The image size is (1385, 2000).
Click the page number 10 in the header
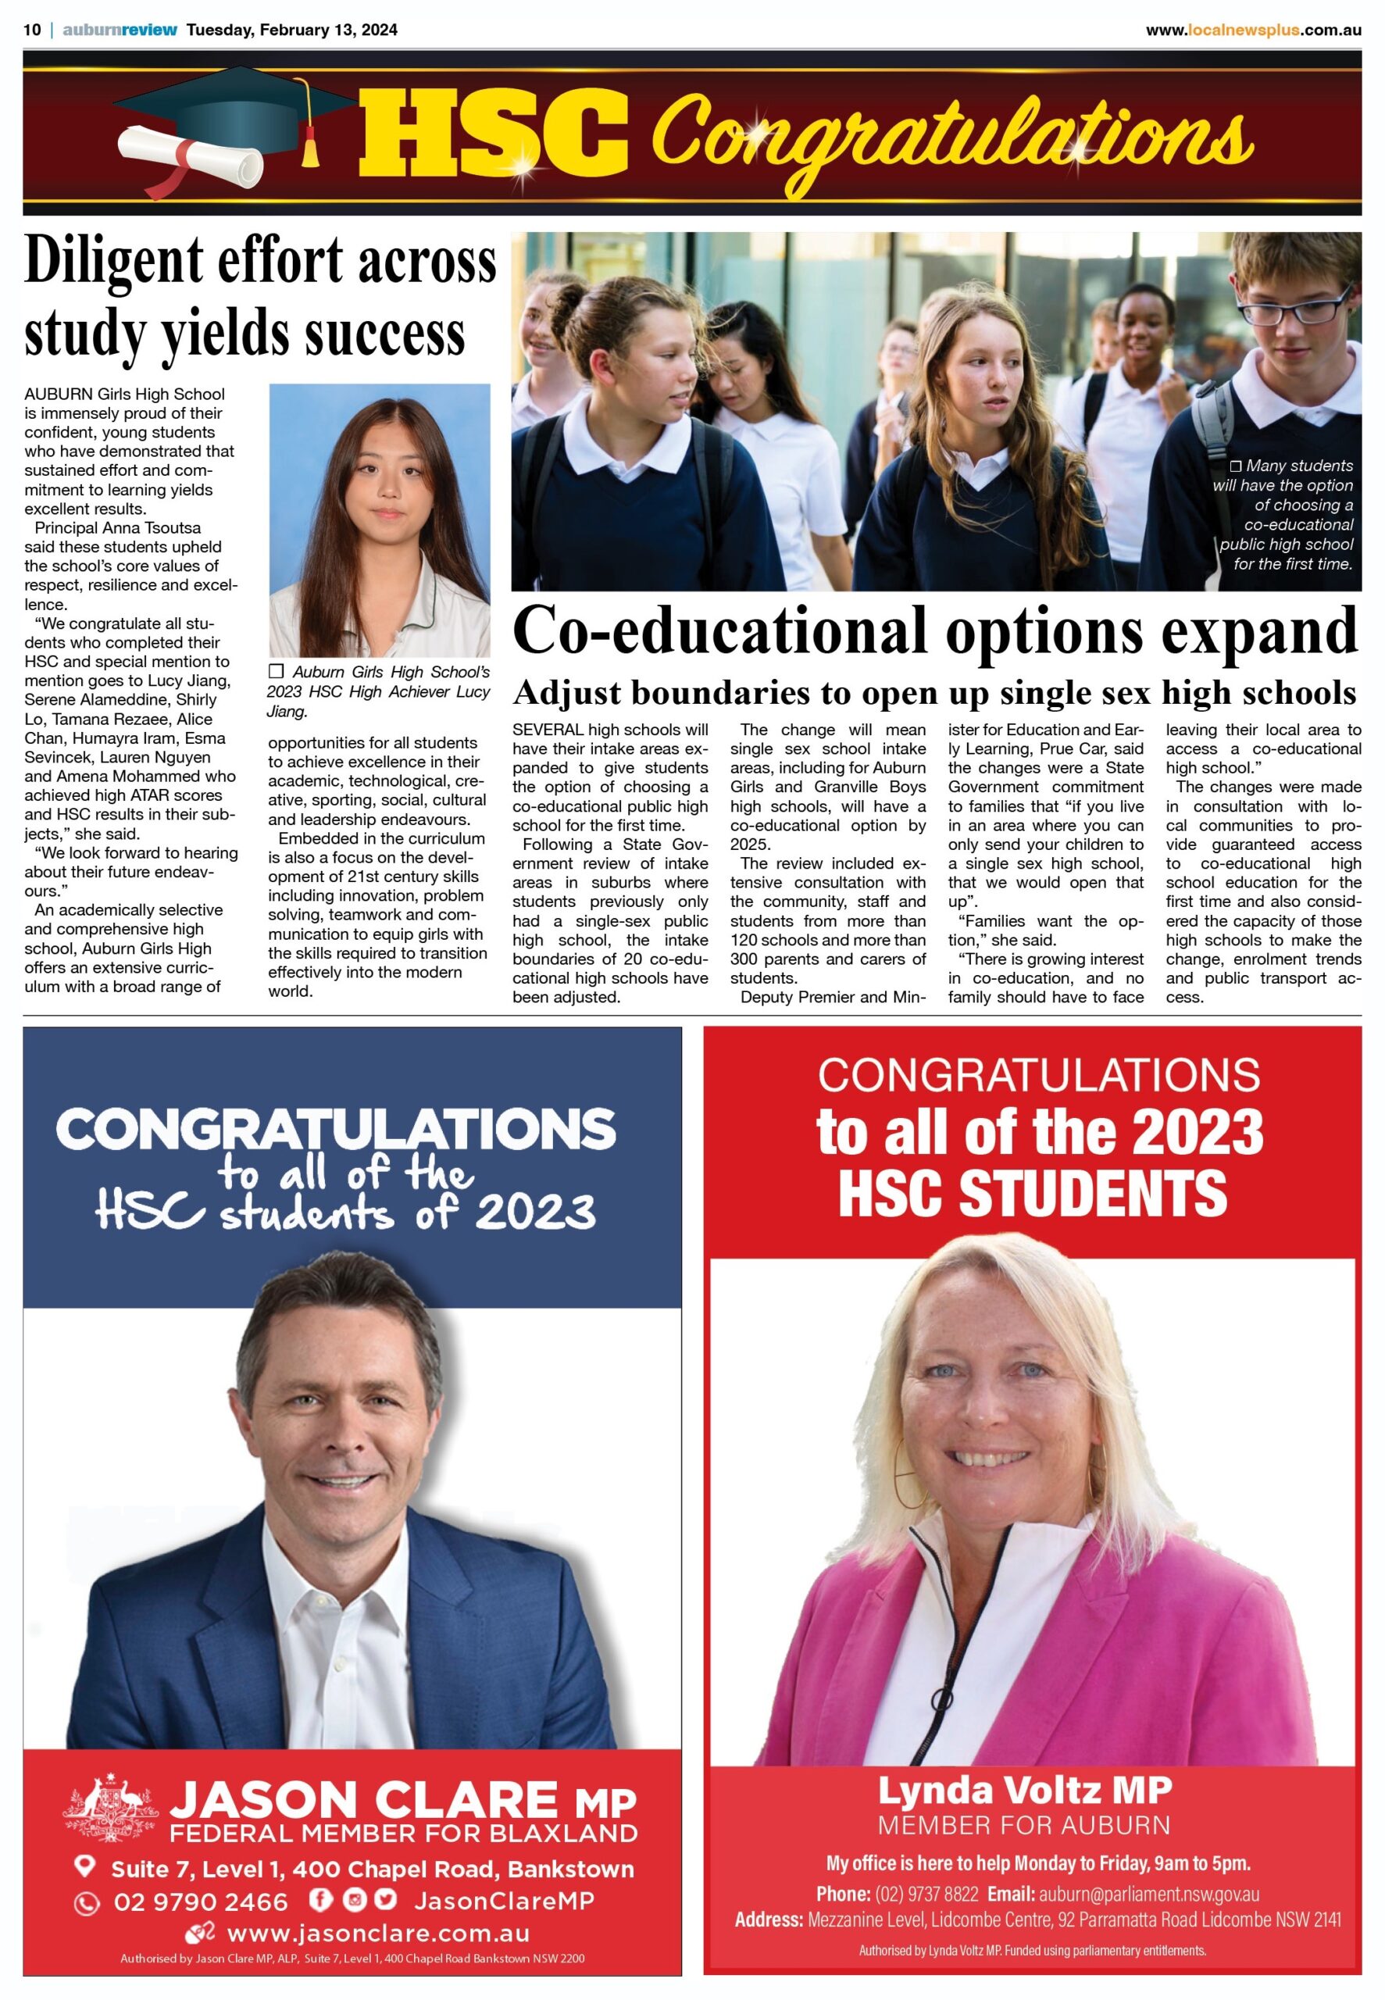32,30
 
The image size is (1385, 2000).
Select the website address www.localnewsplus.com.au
1252,30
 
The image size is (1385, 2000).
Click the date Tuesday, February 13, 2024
291,30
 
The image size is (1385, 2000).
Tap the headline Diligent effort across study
260,297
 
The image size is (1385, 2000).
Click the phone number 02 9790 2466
201,1902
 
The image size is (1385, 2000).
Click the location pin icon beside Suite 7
84,1866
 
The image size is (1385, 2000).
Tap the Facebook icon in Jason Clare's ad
320,1900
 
